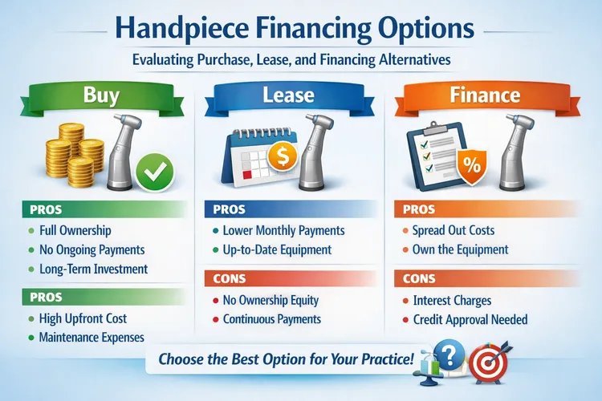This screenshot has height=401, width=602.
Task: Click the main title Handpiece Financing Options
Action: [301, 30]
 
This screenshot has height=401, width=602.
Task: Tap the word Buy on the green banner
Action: [102, 96]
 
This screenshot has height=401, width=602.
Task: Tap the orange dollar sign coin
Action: [283, 156]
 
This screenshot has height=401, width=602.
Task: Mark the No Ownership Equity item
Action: [272, 301]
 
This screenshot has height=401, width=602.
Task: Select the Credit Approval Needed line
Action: [470, 319]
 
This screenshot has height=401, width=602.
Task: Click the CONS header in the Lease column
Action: [230, 280]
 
